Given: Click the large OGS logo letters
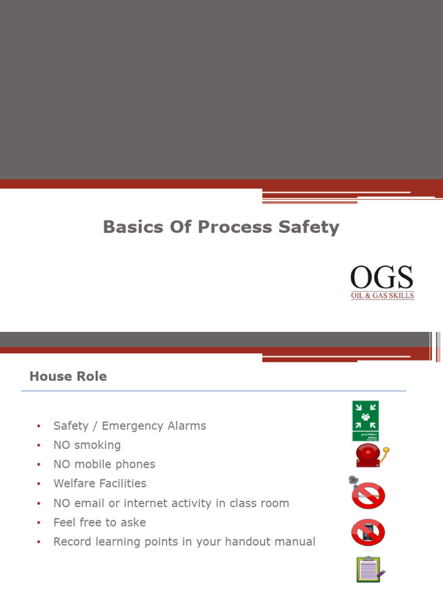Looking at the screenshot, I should (x=382, y=278).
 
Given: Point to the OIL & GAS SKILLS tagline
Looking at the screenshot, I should (x=382, y=296).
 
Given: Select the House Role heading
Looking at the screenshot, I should (x=68, y=376).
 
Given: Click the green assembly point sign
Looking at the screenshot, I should (x=365, y=421).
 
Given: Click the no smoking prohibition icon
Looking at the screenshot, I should (x=367, y=495).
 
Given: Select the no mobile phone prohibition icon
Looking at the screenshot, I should (x=368, y=532).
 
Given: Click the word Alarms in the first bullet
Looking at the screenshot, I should (x=186, y=426).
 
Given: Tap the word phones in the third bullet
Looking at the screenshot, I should (x=136, y=464).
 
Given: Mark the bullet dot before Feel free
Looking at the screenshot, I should (x=39, y=523).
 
